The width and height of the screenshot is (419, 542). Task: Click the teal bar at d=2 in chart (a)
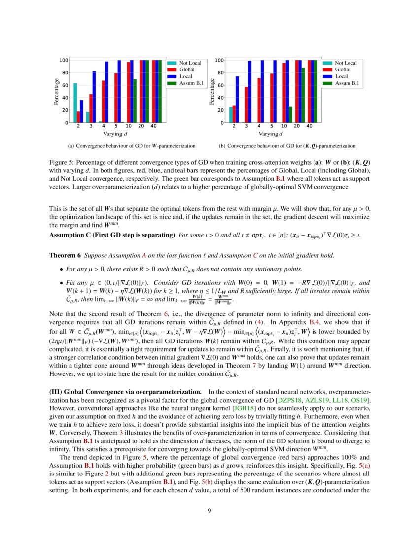[75, 102]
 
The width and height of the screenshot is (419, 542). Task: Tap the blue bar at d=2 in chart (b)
[237, 99]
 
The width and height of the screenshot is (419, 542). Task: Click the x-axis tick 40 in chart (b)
[309, 127]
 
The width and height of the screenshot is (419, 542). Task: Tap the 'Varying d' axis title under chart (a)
[116, 134]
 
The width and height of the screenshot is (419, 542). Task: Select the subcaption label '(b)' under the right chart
[222, 146]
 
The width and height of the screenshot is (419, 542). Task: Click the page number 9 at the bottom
[209, 511]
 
